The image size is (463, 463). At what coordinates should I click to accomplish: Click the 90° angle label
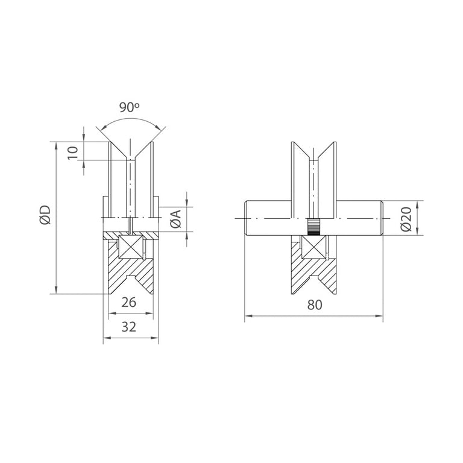(130, 107)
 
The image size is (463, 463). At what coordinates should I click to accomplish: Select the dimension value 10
(73, 153)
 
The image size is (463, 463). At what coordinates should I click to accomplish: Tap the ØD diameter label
(45, 215)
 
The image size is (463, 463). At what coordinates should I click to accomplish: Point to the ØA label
(175, 219)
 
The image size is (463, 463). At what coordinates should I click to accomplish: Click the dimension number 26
(129, 302)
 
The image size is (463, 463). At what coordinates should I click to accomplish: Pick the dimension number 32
(129, 327)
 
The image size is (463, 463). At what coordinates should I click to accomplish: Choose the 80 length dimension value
(315, 304)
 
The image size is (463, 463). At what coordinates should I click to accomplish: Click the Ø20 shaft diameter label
(406, 219)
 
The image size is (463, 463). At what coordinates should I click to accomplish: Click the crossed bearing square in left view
(131, 247)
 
